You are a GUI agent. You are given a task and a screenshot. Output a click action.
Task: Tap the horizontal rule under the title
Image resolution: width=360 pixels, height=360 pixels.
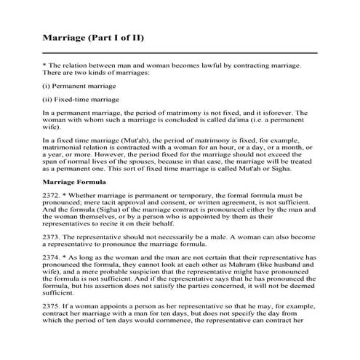[x=180, y=53]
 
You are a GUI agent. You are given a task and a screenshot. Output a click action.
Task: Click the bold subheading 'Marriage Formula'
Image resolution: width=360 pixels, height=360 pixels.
[x=74, y=181]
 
